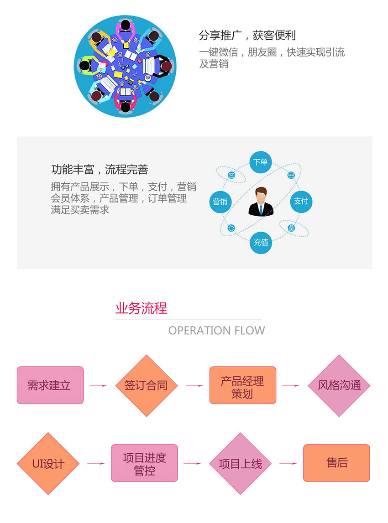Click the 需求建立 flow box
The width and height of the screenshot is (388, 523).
pyautogui.click(x=50, y=385)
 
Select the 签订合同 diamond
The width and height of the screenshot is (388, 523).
pyautogui.click(x=146, y=385)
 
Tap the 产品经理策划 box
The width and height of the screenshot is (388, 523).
pyautogui.click(x=242, y=385)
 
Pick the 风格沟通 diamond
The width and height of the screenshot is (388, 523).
pyautogui.click(x=339, y=385)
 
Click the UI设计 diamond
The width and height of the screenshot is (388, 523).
pyautogui.click(x=48, y=464)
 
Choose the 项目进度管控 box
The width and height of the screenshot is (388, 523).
pyautogui.click(x=144, y=463)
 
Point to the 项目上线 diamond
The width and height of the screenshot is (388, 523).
pyautogui.click(x=240, y=464)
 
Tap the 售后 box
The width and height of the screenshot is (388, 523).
pyautogui.click(x=336, y=463)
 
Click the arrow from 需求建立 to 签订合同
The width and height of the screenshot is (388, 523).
pyautogui.click(x=98, y=386)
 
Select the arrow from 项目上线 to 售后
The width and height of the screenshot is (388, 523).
pyautogui.click(x=288, y=464)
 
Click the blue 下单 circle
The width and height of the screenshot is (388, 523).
pyautogui.click(x=261, y=162)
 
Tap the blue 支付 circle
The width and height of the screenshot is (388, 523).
pyautogui.click(x=301, y=201)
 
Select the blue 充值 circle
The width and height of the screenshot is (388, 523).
pyautogui.click(x=261, y=242)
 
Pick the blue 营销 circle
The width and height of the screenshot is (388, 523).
pyautogui.click(x=220, y=201)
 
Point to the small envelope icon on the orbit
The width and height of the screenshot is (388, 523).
pyautogui.click(x=232, y=175)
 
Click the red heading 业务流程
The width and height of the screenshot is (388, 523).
pyautogui.click(x=141, y=308)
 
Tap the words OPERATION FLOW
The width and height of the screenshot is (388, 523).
pyautogui.click(x=216, y=331)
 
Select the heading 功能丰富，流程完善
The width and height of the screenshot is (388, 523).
pyautogui.click(x=100, y=170)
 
